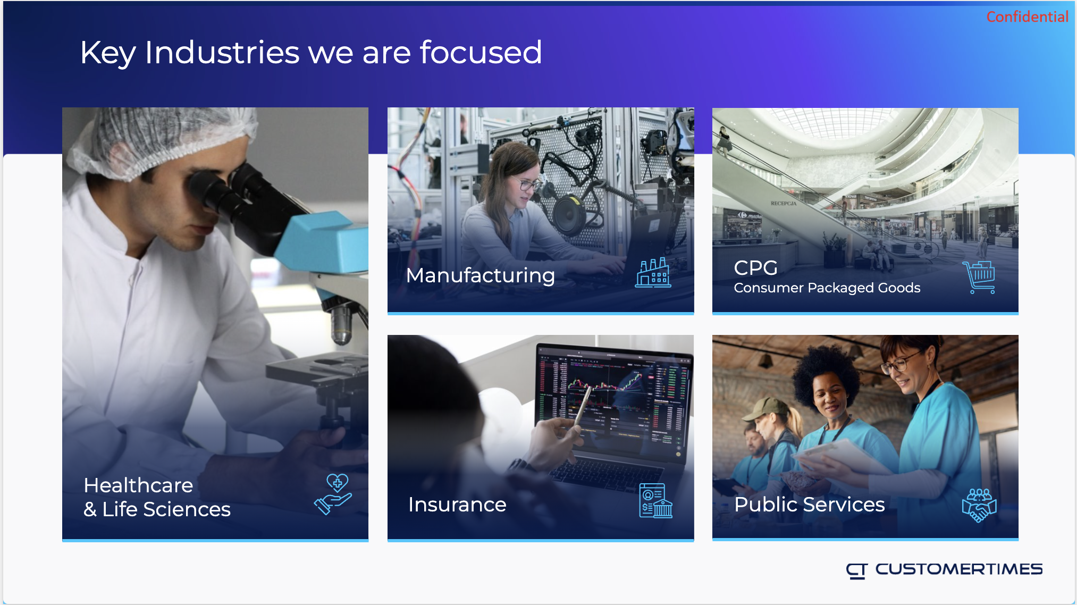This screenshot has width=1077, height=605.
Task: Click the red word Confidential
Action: coord(1027,17)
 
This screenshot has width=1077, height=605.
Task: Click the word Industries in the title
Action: coord(222,53)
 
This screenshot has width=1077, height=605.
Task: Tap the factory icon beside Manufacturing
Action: coord(653,273)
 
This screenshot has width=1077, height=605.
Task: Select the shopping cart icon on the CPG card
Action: coord(979,277)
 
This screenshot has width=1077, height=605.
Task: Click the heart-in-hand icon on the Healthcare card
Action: coord(333,494)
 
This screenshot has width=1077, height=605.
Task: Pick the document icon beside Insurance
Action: coord(655,500)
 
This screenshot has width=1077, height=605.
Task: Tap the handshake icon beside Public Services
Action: coord(979,505)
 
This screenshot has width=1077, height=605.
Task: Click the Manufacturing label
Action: coord(481,275)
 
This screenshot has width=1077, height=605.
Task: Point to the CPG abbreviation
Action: coord(755,268)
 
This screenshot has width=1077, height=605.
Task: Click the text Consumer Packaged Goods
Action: coord(827,288)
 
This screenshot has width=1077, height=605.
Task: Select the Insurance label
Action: coord(457,505)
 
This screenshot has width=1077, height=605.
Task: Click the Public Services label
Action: coord(810,505)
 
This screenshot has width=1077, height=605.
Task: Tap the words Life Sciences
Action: coord(166,509)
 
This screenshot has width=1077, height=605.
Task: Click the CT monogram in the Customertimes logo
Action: coord(857,571)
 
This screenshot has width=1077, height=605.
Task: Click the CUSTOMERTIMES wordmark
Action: coord(959,569)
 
